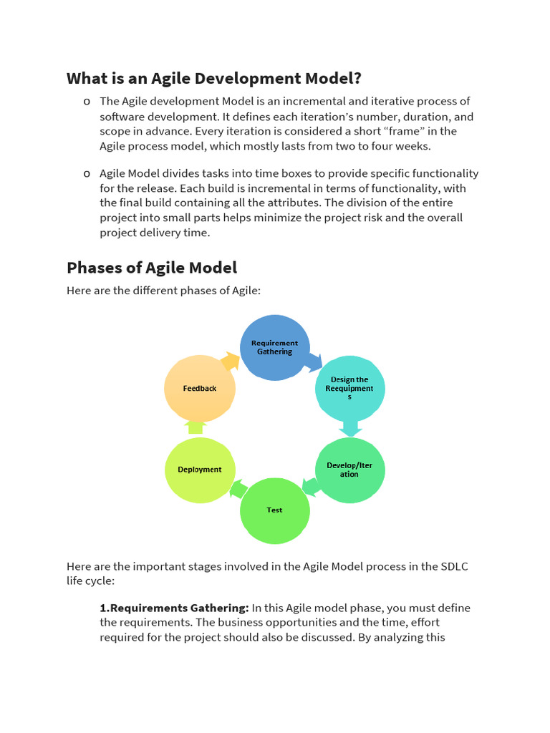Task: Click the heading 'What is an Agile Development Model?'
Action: (214, 78)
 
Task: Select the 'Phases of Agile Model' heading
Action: (152, 268)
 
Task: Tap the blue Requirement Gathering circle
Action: (275, 347)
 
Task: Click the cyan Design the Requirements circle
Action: (349, 388)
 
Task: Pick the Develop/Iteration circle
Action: (349, 470)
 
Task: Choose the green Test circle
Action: (274, 510)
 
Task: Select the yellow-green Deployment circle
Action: (200, 470)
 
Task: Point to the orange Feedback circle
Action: (200, 388)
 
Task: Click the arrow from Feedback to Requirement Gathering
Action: (231, 361)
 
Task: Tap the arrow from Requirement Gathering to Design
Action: (313, 361)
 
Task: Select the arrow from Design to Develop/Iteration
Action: (349, 428)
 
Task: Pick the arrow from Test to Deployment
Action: (238, 489)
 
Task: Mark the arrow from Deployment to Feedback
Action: (196, 427)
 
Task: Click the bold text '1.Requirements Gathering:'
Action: (174, 608)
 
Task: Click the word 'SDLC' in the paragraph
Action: (453, 566)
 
